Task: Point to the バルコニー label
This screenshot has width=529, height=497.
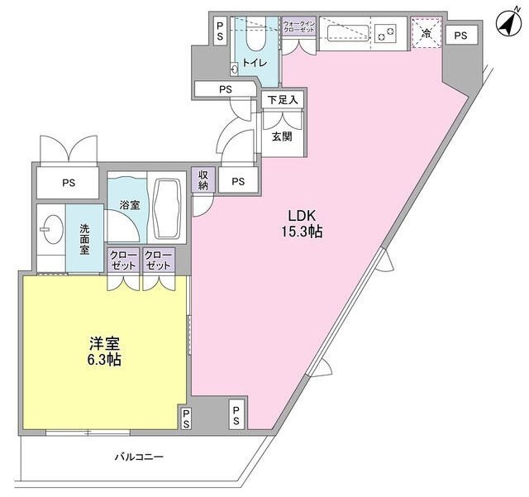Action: (x=139, y=456)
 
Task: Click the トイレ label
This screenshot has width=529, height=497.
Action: (x=252, y=63)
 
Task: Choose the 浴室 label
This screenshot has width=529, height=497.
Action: (x=128, y=203)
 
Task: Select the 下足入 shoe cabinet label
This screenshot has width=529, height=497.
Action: (x=282, y=99)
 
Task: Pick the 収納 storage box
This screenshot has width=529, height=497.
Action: (x=203, y=179)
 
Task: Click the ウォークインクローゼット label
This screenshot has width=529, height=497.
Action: (x=298, y=26)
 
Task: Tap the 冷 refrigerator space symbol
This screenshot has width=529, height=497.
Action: (x=426, y=34)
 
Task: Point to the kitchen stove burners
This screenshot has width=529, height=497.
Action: (x=386, y=34)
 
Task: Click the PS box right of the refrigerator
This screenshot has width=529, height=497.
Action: (x=460, y=35)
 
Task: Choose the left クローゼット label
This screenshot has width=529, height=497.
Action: (x=122, y=260)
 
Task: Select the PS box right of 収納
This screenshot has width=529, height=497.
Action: (x=238, y=181)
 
